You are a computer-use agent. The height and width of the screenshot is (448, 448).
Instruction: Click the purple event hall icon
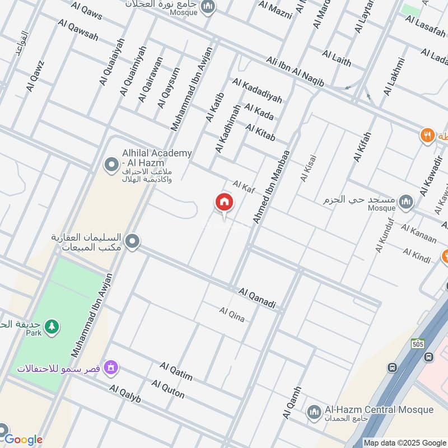[x=111, y=368]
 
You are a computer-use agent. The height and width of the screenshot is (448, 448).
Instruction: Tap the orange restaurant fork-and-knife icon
[x=428, y=136]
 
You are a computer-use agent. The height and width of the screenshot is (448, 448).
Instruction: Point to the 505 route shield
[x=417, y=343]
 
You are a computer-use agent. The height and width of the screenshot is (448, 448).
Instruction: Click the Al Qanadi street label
[x=257, y=298]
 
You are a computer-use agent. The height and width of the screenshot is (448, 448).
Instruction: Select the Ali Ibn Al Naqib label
[x=295, y=71]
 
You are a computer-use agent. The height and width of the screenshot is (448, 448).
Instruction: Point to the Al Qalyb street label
[x=125, y=394]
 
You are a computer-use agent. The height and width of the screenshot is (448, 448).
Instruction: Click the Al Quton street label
[x=168, y=389]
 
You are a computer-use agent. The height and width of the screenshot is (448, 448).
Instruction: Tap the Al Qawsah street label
[x=78, y=29]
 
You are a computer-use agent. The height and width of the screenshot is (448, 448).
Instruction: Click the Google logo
[x=24, y=440]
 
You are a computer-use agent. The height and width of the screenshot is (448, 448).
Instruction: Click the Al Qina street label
[x=232, y=314]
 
